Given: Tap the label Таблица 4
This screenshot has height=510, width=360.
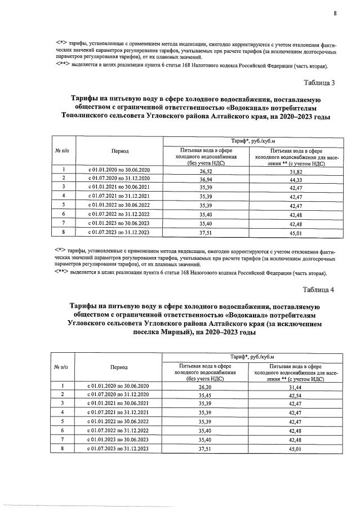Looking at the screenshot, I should pos(319,290).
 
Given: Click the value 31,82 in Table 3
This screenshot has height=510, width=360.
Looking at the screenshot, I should pos(296,170).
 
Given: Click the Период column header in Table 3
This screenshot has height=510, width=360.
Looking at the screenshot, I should pos(119,151).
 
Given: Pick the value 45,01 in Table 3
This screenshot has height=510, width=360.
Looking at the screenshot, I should pos(296,232).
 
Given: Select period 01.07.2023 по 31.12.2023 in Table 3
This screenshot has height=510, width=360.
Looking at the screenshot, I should pos(119,232).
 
